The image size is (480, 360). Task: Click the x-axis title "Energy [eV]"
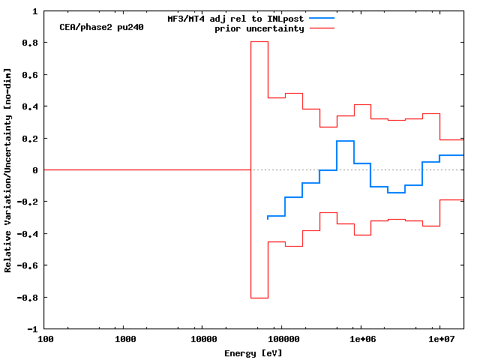click(253, 353)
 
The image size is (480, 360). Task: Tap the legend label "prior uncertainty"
click(259, 28)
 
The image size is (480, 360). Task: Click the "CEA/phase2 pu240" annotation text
click(101, 27)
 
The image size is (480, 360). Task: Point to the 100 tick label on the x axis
click(45, 340)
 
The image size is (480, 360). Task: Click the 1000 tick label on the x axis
click(125, 340)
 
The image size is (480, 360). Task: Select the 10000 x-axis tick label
click(203, 340)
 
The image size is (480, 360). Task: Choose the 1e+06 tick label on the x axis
click(361, 340)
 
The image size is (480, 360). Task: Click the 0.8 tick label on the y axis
click(31, 43)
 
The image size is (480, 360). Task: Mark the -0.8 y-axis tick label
click(28, 298)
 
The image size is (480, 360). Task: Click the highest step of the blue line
click(346, 141)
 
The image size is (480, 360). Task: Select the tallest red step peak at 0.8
click(259, 41)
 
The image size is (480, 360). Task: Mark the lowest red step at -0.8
click(259, 298)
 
